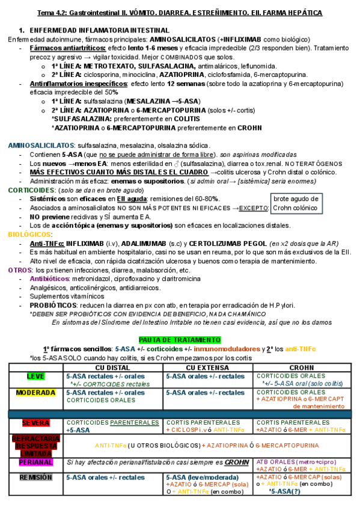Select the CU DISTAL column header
(x=114, y=367)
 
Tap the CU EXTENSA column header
(x=208, y=367)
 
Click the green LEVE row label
(x=35, y=376)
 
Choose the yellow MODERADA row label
(x=35, y=393)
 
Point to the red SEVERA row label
(x=35, y=423)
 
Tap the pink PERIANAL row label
(x=35, y=462)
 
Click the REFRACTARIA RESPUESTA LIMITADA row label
(x=35, y=444)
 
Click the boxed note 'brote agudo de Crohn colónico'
(x=296, y=203)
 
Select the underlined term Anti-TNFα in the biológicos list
(x=46, y=244)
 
